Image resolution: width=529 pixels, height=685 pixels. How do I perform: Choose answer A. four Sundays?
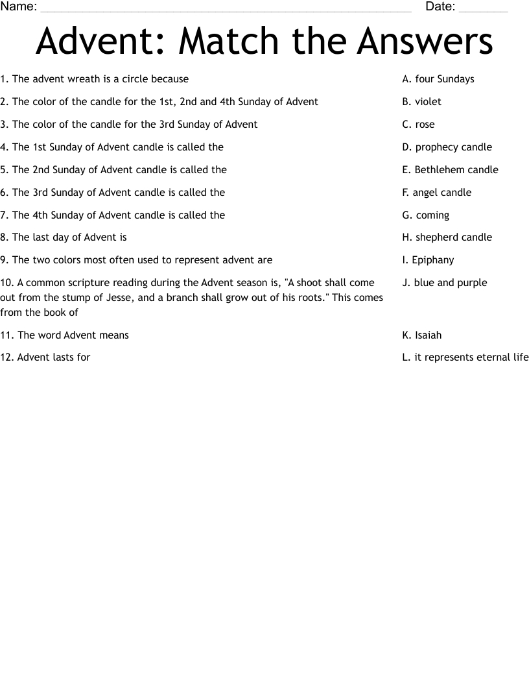click(x=438, y=79)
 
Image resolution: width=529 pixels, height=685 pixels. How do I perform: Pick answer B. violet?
click(x=422, y=102)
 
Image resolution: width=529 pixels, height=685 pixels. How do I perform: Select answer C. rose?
click(x=419, y=125)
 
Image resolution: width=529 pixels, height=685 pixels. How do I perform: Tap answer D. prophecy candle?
click(x=447, y=147)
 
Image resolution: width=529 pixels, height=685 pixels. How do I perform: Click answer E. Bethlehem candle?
click(x=451, y=170)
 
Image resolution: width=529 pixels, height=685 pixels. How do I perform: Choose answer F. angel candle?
click(x=437, y=193)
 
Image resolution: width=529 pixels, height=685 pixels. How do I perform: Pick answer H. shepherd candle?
click(x=447, y=237)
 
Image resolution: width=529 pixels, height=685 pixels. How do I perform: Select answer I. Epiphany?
click(x=429, y=260)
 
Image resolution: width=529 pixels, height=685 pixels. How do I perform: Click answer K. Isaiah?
click(x=422, y=335)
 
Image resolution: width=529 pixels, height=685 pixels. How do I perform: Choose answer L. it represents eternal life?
click(x=465, y=357)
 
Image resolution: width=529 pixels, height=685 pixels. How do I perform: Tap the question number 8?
click(x=4, y=237)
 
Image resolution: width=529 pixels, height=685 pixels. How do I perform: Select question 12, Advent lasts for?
click(x=45, y=357)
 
